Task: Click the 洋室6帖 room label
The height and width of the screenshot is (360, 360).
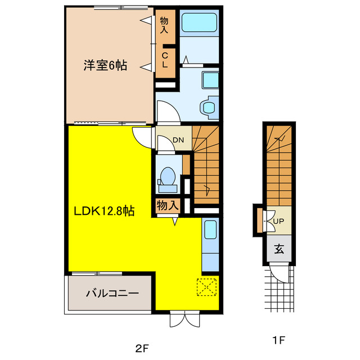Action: coord(105,65)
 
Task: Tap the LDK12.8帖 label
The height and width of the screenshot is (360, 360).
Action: coord(104,211)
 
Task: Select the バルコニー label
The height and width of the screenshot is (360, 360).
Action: coord(112,293)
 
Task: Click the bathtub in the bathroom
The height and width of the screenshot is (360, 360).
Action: coord(199,22)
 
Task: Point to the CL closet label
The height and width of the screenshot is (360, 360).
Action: coord(165,60)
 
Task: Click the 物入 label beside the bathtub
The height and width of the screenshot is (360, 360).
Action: coord(164,25)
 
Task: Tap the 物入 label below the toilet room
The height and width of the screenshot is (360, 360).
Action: coord(168,205)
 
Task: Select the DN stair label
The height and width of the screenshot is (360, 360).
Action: coord(178,140)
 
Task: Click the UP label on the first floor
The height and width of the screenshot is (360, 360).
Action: coord(278,221)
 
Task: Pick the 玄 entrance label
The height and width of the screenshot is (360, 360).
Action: coord(279,249)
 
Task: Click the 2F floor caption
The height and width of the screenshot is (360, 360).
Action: coord(142,349)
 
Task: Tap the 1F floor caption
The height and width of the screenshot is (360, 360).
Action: coord(278,340)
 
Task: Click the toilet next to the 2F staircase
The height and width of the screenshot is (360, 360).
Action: coord(168,179)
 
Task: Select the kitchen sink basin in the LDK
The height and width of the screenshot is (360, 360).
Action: coord(210,229)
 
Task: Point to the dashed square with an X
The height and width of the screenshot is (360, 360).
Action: coord(206,287)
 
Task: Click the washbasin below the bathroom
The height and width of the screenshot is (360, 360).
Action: coord(210,80)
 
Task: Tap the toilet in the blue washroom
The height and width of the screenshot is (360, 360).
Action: coord(209,107)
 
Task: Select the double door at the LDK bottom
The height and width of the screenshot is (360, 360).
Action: coord(185,319)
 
